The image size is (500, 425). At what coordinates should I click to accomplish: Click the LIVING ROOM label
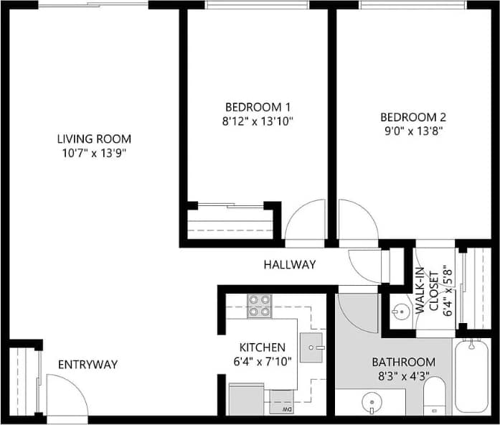[94, 139]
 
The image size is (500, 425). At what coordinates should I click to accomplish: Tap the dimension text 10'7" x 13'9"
[94, 152]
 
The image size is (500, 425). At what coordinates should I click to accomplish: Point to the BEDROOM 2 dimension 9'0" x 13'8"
[412, 131]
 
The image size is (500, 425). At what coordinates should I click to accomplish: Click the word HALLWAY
[289, 264]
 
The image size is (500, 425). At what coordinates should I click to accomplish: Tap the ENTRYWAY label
[88, 364]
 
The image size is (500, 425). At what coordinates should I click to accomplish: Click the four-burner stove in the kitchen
[259, 307]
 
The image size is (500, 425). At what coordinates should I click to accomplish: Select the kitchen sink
[312, 347]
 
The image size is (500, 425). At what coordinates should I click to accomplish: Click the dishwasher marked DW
[280, 401]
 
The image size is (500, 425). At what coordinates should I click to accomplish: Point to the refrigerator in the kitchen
[245, 398]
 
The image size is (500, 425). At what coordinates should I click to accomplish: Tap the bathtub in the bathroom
[473, 377]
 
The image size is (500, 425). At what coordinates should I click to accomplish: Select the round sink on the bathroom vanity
[371, 402]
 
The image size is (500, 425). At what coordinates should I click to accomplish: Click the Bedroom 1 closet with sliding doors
[230, 222]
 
